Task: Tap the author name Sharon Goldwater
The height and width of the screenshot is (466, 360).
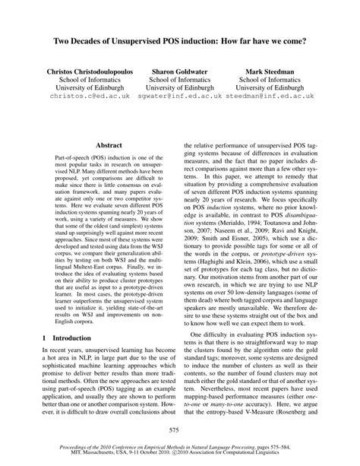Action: click(x=182, y=68)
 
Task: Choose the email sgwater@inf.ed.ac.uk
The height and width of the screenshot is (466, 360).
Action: click(x=182, y=97)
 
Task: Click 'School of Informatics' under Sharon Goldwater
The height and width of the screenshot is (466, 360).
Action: click(x=182, y=78)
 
